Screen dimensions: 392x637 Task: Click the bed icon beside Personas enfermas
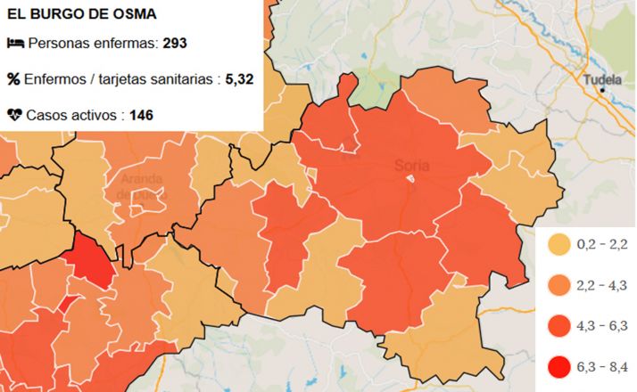click(x=15, y=43)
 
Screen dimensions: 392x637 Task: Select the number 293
click(x=175, y=43)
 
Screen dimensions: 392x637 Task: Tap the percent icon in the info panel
click(x=13, y=79)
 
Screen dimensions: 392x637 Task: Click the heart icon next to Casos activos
click(x=15, y=115)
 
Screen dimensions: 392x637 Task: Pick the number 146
click(x=143, y=115)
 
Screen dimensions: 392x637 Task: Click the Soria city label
click(x=411, y=165)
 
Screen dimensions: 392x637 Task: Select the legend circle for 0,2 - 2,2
click(x=559, y=244)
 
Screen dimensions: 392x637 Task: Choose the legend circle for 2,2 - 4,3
click(x=559, y=285)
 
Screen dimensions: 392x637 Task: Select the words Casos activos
click(x=75, y=115)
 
